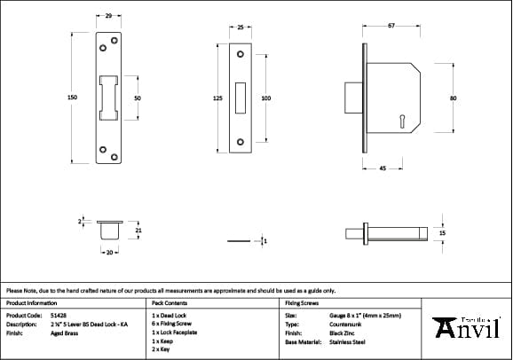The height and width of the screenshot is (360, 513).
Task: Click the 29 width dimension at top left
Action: [x=107, y=17]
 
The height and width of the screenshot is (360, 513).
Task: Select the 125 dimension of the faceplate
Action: [x=218, y=98]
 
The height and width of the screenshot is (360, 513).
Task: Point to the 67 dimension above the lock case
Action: [x=391, y=25]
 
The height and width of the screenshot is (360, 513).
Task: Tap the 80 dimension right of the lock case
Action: [x=453, y=98]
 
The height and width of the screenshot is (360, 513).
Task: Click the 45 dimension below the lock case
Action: [x=382, y=168]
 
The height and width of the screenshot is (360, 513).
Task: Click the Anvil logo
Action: [x=468, y=327]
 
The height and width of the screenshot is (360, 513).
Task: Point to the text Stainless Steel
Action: [x=348, y=341]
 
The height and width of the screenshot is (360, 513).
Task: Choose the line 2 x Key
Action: [x=162, y=349]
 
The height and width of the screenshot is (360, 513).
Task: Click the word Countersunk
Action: [x=345, y=325]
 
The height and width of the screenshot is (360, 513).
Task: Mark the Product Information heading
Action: [x=31, y=302]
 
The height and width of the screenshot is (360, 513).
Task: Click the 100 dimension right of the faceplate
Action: [x=265, y=98]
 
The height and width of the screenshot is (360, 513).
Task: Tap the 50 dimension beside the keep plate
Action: [x=138, y=98]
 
